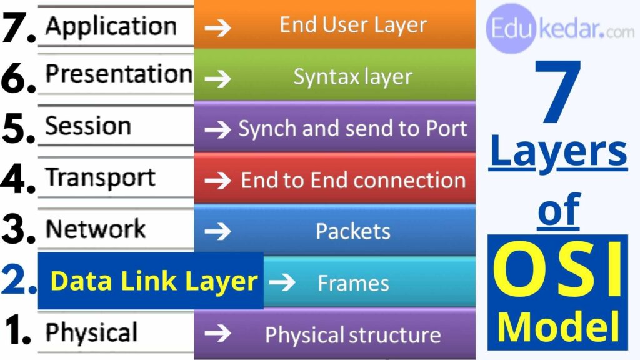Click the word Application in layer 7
(x=111, y=26)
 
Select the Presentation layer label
(x=118, y=74)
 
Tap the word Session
(x=88, y=126)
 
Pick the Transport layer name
(x=100, y=178)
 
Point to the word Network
(x=96, y=229)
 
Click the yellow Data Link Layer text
(x=154, y=281)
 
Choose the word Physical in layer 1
(x=91, y=332)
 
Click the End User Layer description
(x=352, y=25)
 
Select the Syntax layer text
(x=352, y=77)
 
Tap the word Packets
(x=352, y=231)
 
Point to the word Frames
(x=353, y=283)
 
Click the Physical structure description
(x=352, y=334)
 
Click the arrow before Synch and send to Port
(x=218, y=129)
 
